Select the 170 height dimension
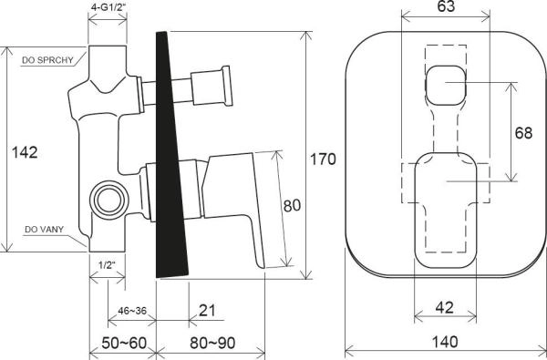point(323,159)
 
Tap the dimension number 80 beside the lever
point(292,205)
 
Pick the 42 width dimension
point(445,308)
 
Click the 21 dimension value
point(207,311)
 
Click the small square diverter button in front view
point(444,86)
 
